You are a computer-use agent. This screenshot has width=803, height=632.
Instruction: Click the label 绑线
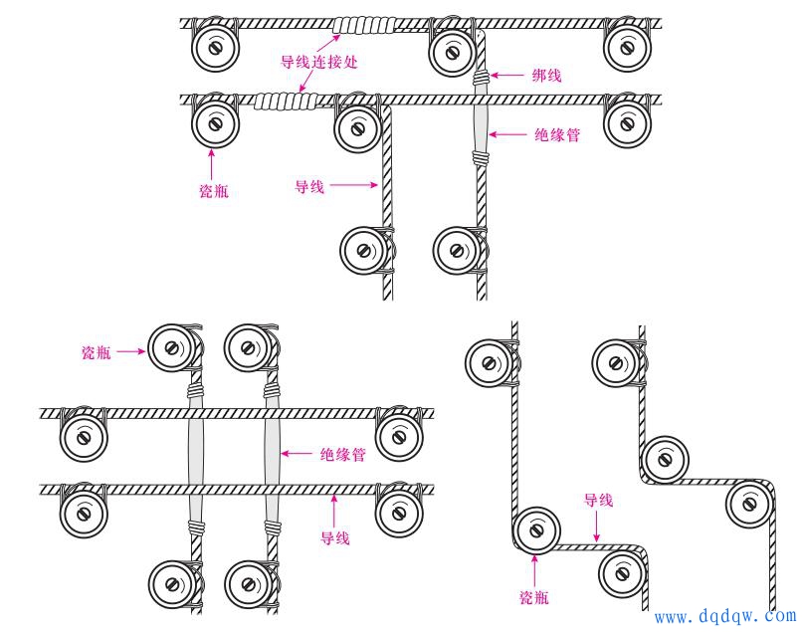545,75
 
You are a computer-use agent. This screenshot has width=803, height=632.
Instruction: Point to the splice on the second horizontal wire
284,100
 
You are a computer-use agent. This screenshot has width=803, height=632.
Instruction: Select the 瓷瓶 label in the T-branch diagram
215,190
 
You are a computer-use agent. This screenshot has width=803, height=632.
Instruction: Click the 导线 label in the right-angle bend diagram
598,500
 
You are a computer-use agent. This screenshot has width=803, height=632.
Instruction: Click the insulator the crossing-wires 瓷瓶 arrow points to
170,347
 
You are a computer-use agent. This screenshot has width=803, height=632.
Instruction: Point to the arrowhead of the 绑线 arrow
495,75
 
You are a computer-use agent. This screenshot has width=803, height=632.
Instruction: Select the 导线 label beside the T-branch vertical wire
308,185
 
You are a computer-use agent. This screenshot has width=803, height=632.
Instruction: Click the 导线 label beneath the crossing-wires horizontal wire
334,538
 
